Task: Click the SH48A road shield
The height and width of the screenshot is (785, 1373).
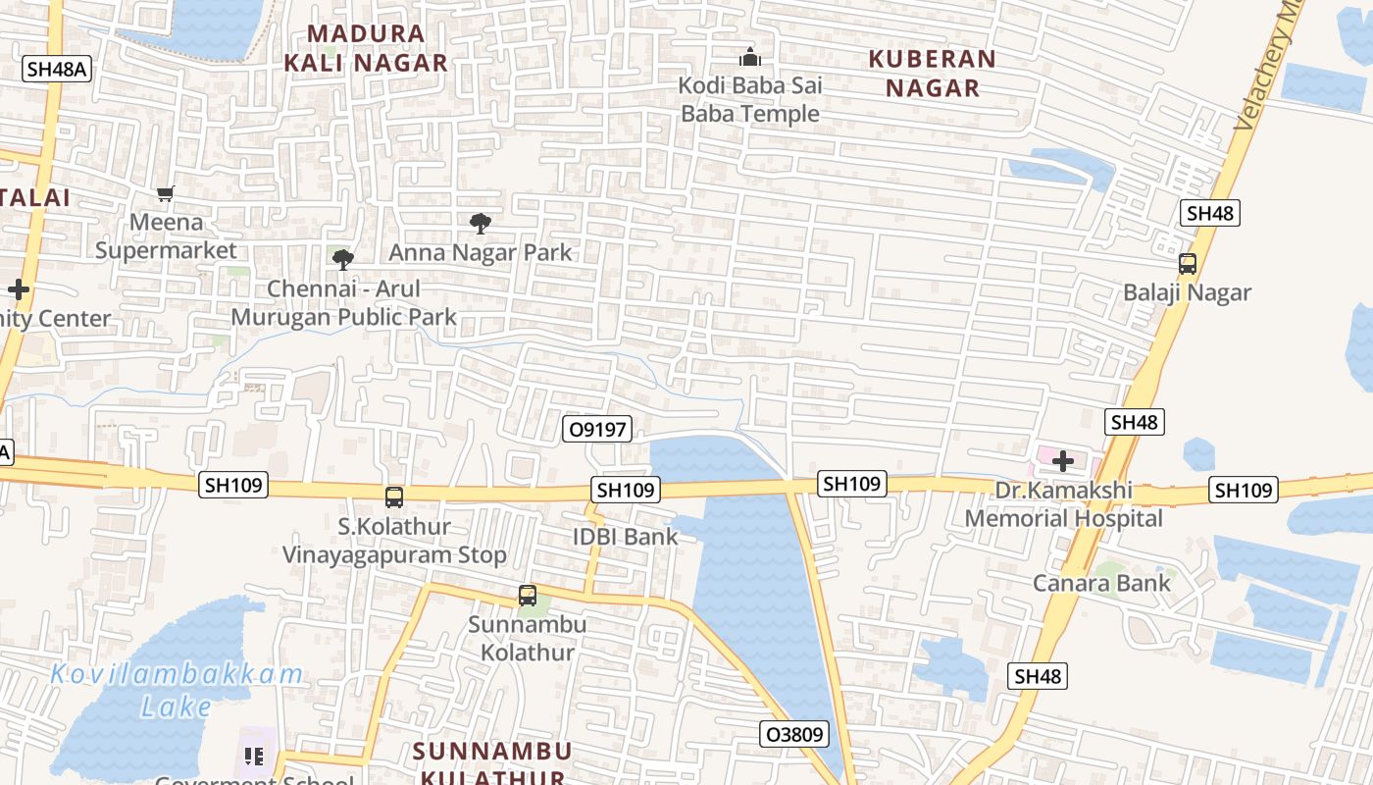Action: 57,69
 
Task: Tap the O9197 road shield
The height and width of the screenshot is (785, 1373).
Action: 596,429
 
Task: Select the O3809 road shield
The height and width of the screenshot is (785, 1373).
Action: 794,734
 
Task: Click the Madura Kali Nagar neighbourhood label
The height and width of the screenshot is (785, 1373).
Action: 365,48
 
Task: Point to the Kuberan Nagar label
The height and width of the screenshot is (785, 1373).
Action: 933,74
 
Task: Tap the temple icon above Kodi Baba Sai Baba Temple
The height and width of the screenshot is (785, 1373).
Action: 750,57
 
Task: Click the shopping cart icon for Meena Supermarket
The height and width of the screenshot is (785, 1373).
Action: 166,194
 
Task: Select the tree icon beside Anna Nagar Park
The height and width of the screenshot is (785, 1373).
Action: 480,224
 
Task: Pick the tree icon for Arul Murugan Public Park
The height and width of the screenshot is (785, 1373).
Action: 342,260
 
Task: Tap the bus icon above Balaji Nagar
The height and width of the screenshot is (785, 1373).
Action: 1187,264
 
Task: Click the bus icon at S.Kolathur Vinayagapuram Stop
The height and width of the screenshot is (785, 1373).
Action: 394,497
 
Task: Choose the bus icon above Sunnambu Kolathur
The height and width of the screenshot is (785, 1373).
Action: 528,596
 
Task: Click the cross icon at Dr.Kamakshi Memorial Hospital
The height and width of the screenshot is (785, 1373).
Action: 1062,460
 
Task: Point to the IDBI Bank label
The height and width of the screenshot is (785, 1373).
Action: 626,537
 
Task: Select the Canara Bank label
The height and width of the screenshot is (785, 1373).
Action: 1101,584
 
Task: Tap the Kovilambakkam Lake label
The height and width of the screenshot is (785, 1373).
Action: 177,691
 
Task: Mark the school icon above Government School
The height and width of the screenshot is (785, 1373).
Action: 254,756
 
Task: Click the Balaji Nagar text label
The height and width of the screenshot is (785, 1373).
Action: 1187,292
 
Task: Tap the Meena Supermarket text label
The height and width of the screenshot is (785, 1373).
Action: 166,236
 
